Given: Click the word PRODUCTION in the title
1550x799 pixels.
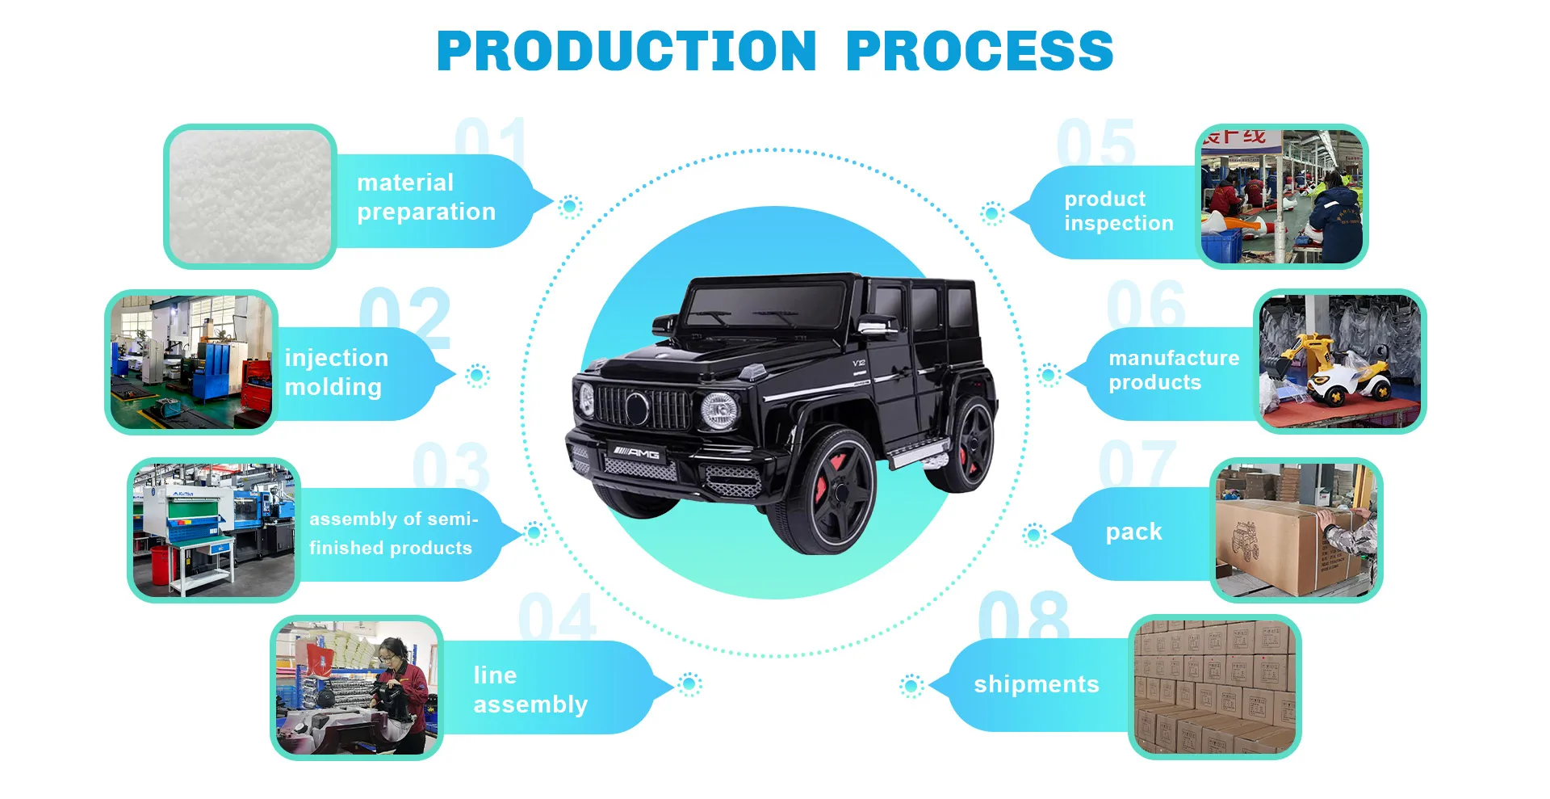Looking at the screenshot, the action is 626,52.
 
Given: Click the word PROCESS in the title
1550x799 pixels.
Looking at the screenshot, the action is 979,52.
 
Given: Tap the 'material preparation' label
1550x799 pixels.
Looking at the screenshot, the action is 425,197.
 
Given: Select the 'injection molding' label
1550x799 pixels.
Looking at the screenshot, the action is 336,372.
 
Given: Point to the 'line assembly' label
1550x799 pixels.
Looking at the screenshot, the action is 530,690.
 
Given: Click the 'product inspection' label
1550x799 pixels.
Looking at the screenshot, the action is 1118,211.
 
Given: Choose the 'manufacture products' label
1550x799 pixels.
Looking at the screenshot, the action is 1173,370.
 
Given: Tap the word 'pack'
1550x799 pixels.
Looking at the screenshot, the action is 1133,532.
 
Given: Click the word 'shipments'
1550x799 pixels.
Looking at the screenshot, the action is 1036,684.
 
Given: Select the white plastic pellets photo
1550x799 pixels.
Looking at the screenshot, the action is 250,196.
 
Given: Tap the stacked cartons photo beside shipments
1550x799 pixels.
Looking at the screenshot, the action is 1214,687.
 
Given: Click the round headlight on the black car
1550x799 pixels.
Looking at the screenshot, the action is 719,410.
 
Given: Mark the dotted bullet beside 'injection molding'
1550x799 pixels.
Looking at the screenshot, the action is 477,375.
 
